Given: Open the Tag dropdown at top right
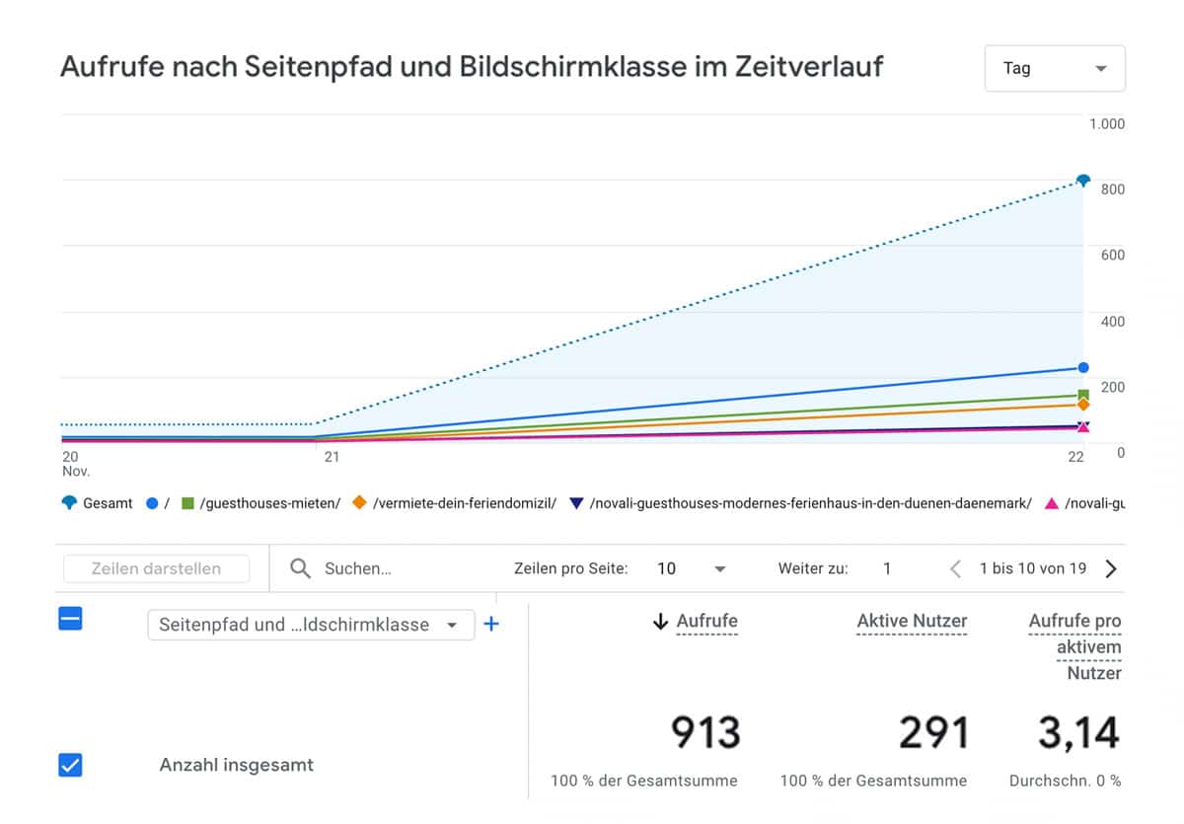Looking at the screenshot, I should tap(1055, 68).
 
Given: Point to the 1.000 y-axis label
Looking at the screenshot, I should tap(1106, 123).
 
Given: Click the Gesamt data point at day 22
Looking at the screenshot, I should tap(1083, 181).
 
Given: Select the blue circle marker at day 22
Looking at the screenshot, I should tap(1083, 367).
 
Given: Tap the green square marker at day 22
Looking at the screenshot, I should tap(1083, 395).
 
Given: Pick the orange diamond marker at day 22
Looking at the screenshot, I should tap(1083, 405).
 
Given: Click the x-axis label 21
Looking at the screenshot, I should tap(332, 456).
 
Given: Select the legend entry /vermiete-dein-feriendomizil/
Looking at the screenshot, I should tap(464, 503).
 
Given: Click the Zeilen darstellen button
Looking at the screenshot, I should tap(156, 568).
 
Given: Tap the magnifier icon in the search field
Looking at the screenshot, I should tap(301, 568).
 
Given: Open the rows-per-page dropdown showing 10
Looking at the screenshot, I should tap(691, 568).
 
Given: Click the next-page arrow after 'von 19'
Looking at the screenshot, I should tap(1111, 568).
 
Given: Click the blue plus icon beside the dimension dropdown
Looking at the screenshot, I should tap(491, 625).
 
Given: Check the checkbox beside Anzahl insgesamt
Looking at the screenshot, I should tap(70, 765).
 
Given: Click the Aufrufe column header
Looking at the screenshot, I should tap(706, 622).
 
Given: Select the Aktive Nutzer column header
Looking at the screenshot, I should tap(912, 622).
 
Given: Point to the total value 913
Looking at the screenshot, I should tap(705, 733).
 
